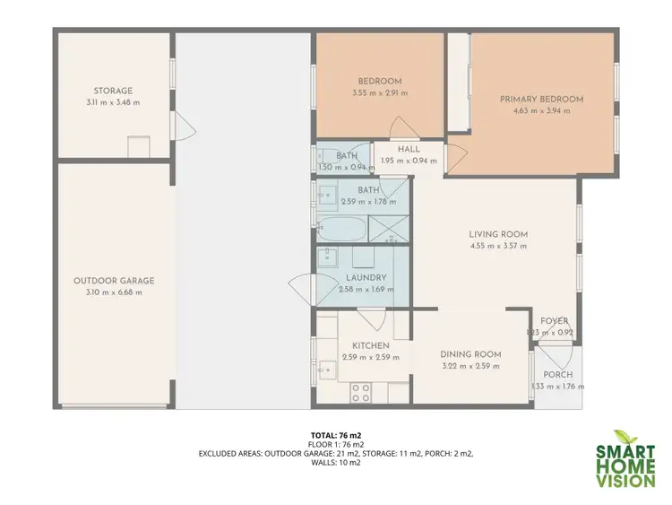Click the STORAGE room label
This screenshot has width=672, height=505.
tap(113, 91)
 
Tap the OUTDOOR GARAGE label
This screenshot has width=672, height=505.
tap(114, 281)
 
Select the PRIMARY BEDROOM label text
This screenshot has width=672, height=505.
tap(541, 99)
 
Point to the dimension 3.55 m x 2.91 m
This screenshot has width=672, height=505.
tap(380, 92)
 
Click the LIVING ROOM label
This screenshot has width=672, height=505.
tap(497, 234)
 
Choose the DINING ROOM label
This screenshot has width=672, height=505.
tap(471, 354)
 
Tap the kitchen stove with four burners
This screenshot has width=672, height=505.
tap(361, 392)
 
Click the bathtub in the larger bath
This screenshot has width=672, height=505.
tap(341, 229)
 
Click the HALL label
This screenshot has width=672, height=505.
tap(409, 150)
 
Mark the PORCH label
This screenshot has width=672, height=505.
tap(557, 375)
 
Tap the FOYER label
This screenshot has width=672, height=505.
tap(554, 321)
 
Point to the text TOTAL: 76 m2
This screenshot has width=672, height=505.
tap(336, 435)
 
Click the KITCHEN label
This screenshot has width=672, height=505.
tap(370, 345)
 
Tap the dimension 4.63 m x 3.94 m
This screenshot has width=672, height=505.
tap(541, 110)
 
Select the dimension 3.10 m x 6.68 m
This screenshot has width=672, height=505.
tap(114, 292)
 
